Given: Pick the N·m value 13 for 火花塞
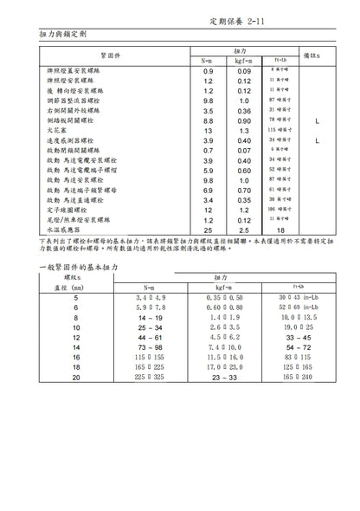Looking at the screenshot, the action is coord(208,130).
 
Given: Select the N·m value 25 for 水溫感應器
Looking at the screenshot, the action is coord(208,230).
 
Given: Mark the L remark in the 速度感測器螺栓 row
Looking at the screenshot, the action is coord(318,140).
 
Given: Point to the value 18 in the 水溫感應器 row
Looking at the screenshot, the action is coord(280,230).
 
